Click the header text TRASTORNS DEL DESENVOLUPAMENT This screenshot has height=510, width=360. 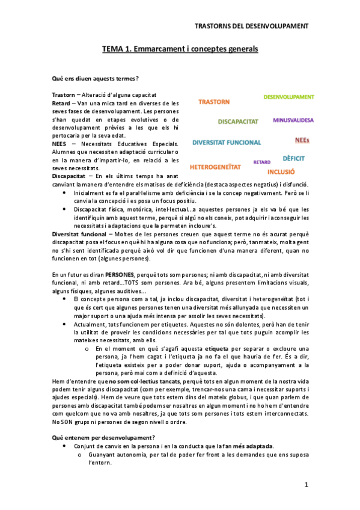pyautogui.click(x=252, y=26)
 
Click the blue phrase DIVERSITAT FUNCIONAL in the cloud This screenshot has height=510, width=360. pyautogui.click(x=227, y=143)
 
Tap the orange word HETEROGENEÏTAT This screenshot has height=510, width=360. pyautogui.click(x=215, y=166)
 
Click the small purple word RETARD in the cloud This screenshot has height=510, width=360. pyautogui.click(x=262, y=162)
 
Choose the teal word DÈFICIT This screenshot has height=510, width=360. pyautogui.click(x=294, y=158)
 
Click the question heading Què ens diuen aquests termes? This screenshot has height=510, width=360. pyautogui.click(x=95, y=79)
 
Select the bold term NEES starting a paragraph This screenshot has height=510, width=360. pyautogui.click(x=59, y=144)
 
